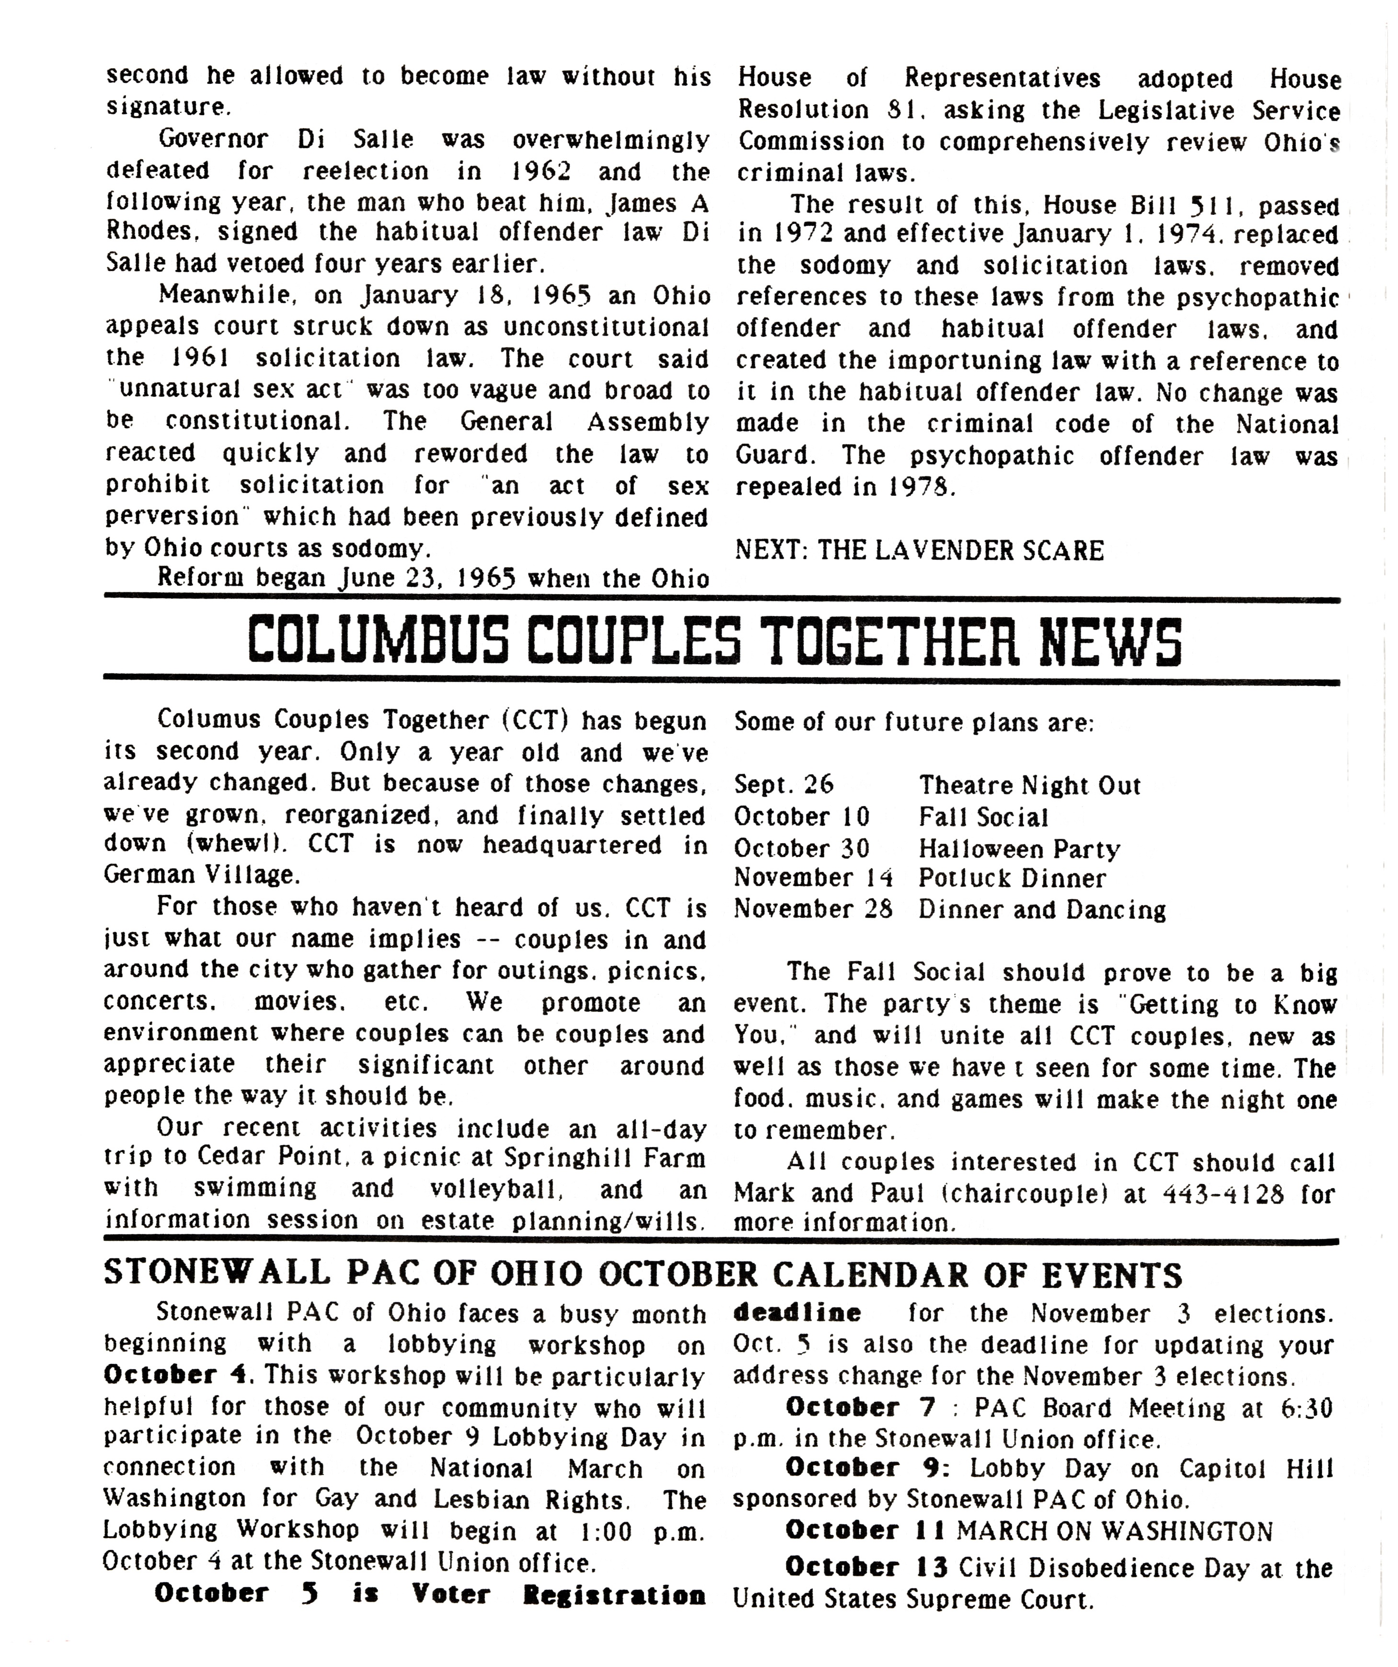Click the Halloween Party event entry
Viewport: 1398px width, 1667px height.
click(1019, 848)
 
